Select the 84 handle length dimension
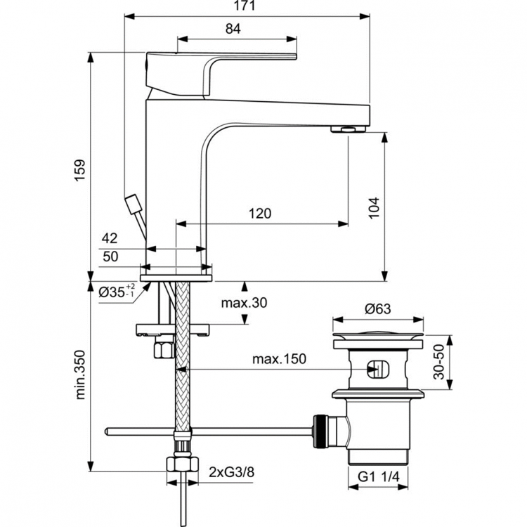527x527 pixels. click(x=234, y=29)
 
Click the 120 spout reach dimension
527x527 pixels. click(x=259, y=214)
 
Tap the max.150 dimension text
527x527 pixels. click(x=280, y=360)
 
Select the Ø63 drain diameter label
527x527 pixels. click(x=378, y=307)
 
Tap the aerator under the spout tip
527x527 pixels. click(x=348, y=129)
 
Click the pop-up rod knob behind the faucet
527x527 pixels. click(x=133, y=203)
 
